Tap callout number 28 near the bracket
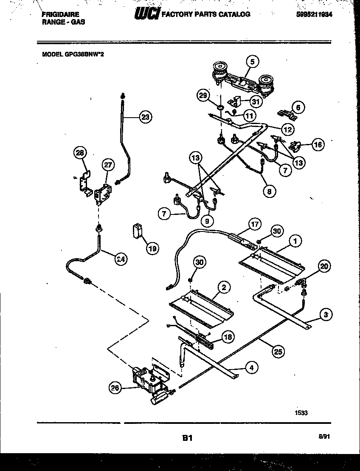click(x=80, y=153)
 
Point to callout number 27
click(x=108, y=166)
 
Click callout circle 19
click(x=152, y=249)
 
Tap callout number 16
click(x=318, y=144)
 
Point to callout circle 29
click(x=203, y=96)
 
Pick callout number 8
click(x=268, y=191)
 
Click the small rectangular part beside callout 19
click(x=137, y=231)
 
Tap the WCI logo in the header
click(x=146, y=15)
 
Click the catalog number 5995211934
click(x=312, y=14)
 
